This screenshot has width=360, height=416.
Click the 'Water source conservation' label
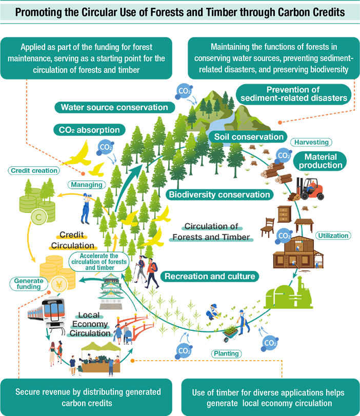pyautogui.click(x=114, y=107)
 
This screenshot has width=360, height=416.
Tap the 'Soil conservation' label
pyautogui.click(x=246, y=137)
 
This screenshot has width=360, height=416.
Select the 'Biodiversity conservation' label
pyautogui.click(x=218, y=194)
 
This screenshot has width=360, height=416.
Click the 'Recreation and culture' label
pyautogui.click(x=210, y=276)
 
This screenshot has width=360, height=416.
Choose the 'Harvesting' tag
pyautogui.click(x=311, y=142)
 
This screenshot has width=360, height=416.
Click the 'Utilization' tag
pyautogui.click(x=333, y=235)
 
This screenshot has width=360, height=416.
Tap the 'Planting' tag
pyautogui.click(x=226, y=353)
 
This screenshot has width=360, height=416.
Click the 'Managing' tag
pyautogui.click(x=86, y=184)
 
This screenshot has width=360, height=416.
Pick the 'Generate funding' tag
pyautogui.click(x=28, y=283)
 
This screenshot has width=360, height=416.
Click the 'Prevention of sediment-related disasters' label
pyautogui.click(x=294, y=94)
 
